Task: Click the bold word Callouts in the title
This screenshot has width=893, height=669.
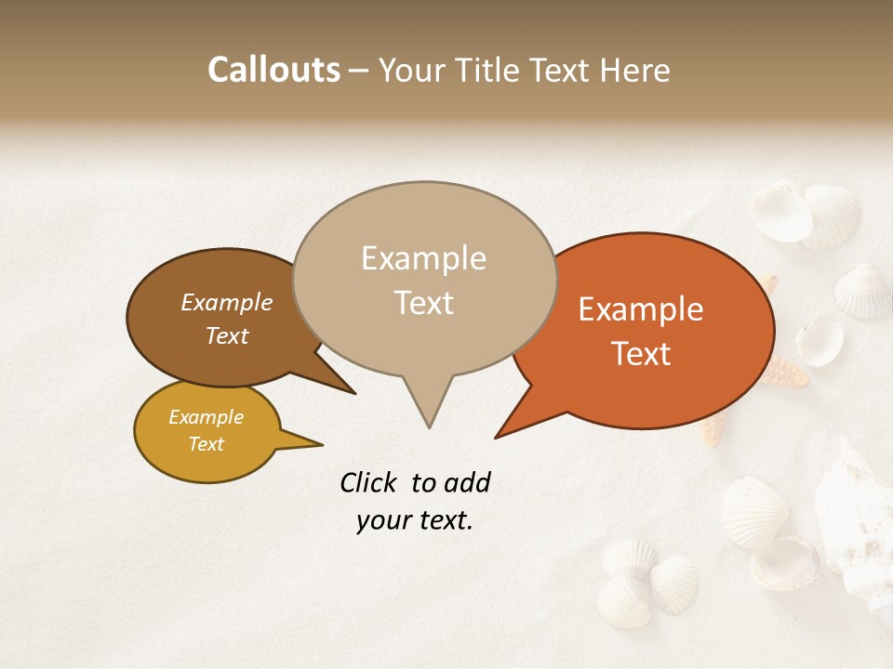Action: pos(273,70)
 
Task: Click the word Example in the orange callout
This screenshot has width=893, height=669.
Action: pos(641,309)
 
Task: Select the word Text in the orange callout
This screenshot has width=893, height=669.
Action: pos(642,354)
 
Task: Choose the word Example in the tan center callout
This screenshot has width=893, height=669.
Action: pos(423,258)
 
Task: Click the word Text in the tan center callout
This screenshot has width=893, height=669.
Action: pos(423,303)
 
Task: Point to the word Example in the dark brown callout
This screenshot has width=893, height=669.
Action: pos(226,302)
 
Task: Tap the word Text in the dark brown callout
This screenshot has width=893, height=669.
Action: pos(226,335)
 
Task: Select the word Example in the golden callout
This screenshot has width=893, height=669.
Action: pos(206,417)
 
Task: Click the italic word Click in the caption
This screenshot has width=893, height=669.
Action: pos(368,482)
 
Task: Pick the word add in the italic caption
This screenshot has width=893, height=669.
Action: pos(467,482)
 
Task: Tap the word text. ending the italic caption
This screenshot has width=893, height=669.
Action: pos(444,520)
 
